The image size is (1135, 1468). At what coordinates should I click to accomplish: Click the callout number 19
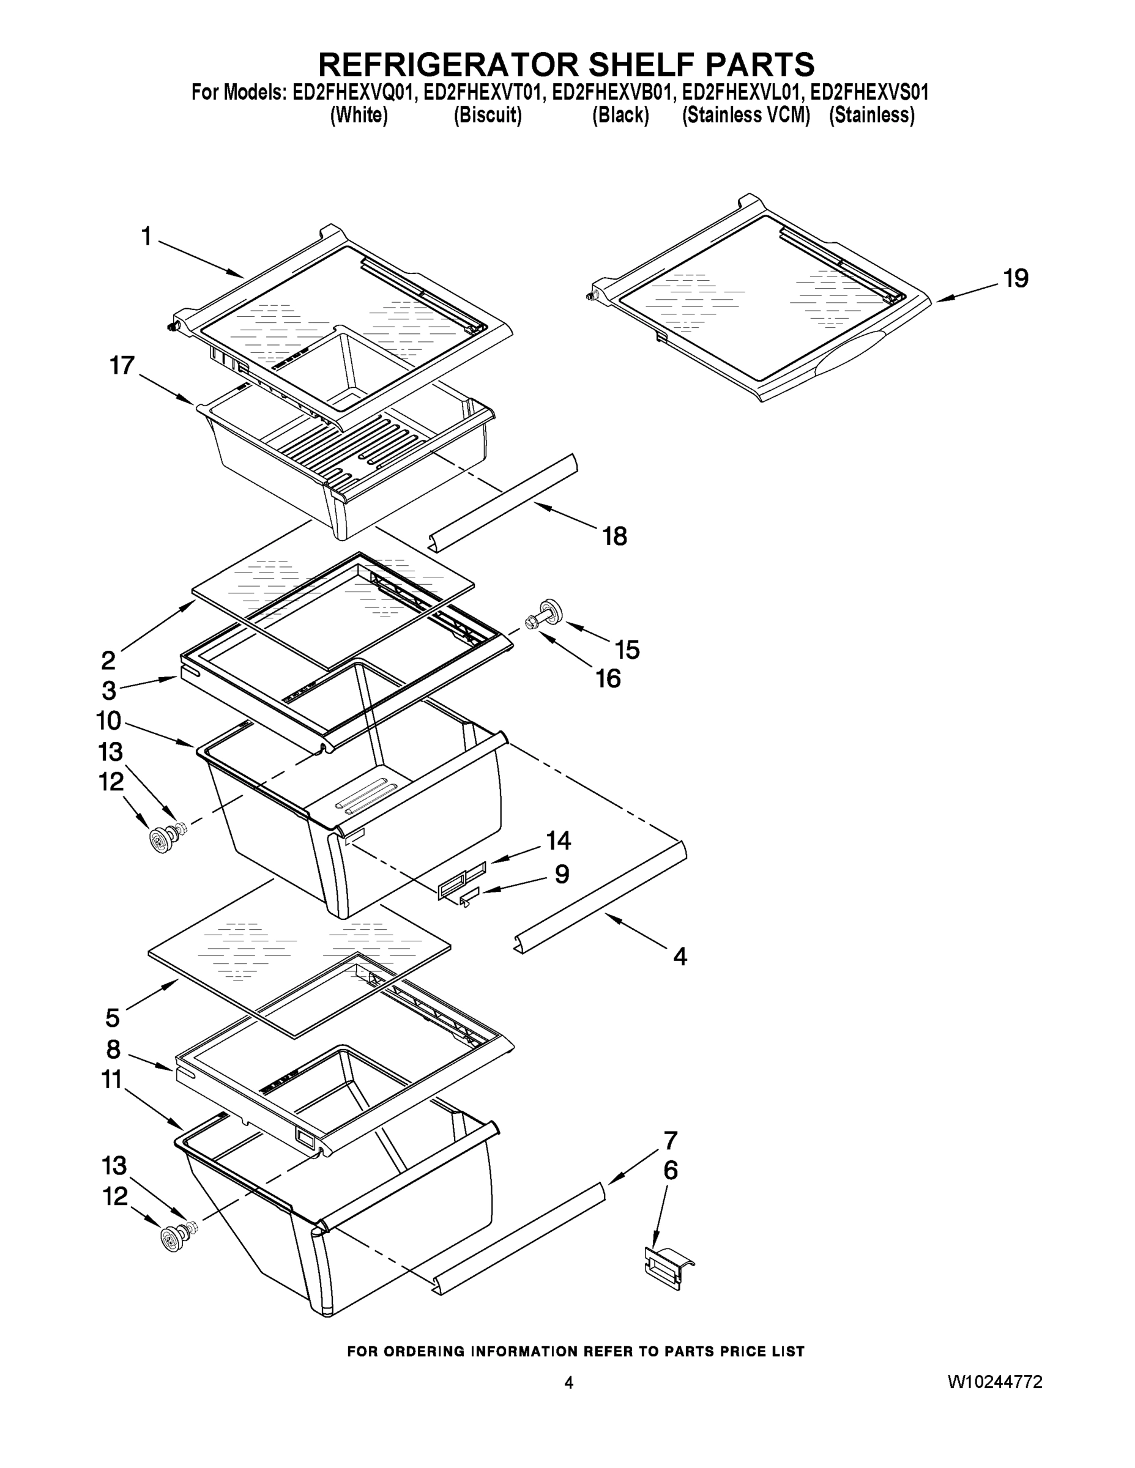click(x=1015, y=278)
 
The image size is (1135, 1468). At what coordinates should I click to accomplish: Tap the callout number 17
click(x=122, y=366)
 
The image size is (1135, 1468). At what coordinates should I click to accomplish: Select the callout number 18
click(x=614, y=536)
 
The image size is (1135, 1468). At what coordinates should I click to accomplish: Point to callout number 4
click(x=680, y=957)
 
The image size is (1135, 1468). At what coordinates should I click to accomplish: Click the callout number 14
click(x=558, y=840)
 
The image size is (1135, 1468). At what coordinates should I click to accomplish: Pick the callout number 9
click(x=562, y=874)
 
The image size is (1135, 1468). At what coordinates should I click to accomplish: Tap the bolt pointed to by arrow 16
click(x=531, y=623)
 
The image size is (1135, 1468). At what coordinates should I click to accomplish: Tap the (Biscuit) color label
click(x=488, y=116)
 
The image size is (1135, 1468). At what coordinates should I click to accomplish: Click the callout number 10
click(x=108, y=721)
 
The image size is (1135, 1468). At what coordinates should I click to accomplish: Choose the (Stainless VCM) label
click(x=746, y=116)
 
